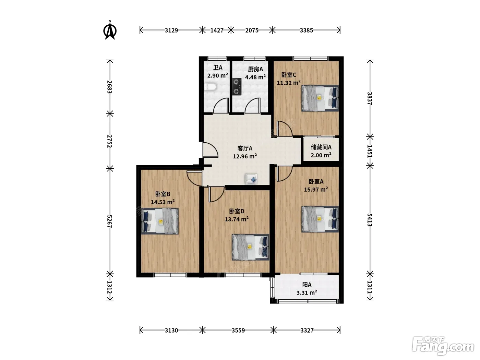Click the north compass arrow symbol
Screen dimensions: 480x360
pos(110,31)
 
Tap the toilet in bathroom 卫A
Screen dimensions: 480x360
pos(210,87)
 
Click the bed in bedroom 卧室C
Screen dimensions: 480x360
pos(320,98)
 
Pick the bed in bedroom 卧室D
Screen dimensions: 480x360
pos(250,247)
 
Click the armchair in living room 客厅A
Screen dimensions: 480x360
pos(251,179)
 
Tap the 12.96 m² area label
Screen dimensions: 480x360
pos(245,156)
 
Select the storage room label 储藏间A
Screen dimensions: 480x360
pos(321,147)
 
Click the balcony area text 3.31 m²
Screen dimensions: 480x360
pos(307,292)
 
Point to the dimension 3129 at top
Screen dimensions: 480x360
pos(171,30)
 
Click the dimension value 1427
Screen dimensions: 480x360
pos(217,30)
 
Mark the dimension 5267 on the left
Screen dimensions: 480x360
pos(110,221)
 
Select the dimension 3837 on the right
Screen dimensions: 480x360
pos(370,98)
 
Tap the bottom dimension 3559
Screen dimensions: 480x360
pos(238,330)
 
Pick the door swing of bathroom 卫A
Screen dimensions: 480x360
pos(221,106)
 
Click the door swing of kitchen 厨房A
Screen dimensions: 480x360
pos(253,106)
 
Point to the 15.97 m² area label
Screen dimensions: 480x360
pos(316,189)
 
